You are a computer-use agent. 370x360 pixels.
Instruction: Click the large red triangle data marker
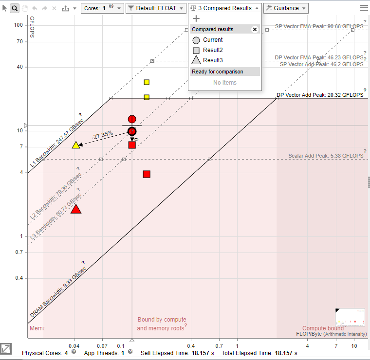76,209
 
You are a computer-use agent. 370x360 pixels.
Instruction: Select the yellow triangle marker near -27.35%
76,145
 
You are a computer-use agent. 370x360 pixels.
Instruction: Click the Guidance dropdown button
286,8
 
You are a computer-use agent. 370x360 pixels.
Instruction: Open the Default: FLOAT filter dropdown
156,8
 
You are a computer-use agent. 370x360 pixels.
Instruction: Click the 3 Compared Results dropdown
224,8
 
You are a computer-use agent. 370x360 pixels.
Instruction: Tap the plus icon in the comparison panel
196,18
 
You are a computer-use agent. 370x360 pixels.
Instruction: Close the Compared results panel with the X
254,29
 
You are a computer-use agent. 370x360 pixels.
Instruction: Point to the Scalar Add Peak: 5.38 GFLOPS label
326,156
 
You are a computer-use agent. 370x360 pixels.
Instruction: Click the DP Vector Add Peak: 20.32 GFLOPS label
319,95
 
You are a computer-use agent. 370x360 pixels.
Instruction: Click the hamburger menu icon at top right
364,8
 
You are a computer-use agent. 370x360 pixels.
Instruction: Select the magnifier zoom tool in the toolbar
15,8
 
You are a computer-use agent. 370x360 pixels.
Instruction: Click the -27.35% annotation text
103,133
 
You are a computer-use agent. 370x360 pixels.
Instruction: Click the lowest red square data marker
147,174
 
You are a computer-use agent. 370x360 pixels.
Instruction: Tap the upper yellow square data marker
147,82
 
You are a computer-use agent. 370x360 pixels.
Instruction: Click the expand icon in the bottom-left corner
6,348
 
